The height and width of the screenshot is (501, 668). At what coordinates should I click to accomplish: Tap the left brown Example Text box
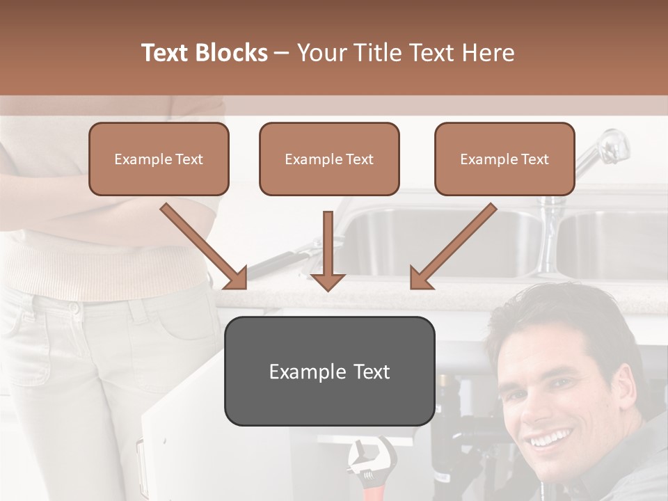coord(159,159)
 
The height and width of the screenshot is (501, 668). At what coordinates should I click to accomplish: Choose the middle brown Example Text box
coord(329,159)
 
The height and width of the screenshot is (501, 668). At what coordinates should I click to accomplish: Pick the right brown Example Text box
coord(504,159)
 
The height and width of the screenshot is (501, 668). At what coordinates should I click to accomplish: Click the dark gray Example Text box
coord(329,372)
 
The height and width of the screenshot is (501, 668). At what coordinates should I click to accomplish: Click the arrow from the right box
coord(453,246)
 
